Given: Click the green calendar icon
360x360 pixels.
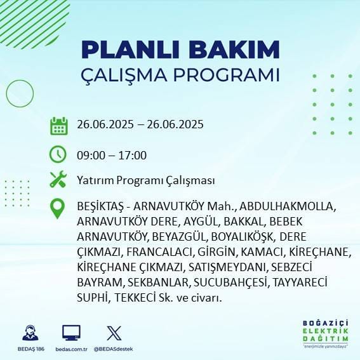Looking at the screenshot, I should click(x=58, y=125).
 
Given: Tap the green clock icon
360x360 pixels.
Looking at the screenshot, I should click(x=58, y=154).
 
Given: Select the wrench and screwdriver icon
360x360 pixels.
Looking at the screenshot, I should click(x=58, y=180).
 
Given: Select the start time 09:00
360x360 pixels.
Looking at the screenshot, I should click(x=90, y=155).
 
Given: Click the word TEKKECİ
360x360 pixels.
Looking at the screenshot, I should click(x=134, y=297).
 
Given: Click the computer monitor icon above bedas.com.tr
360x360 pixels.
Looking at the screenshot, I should click(x=71, y=333).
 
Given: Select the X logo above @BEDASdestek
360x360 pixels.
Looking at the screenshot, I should click(x=114, y=333).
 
